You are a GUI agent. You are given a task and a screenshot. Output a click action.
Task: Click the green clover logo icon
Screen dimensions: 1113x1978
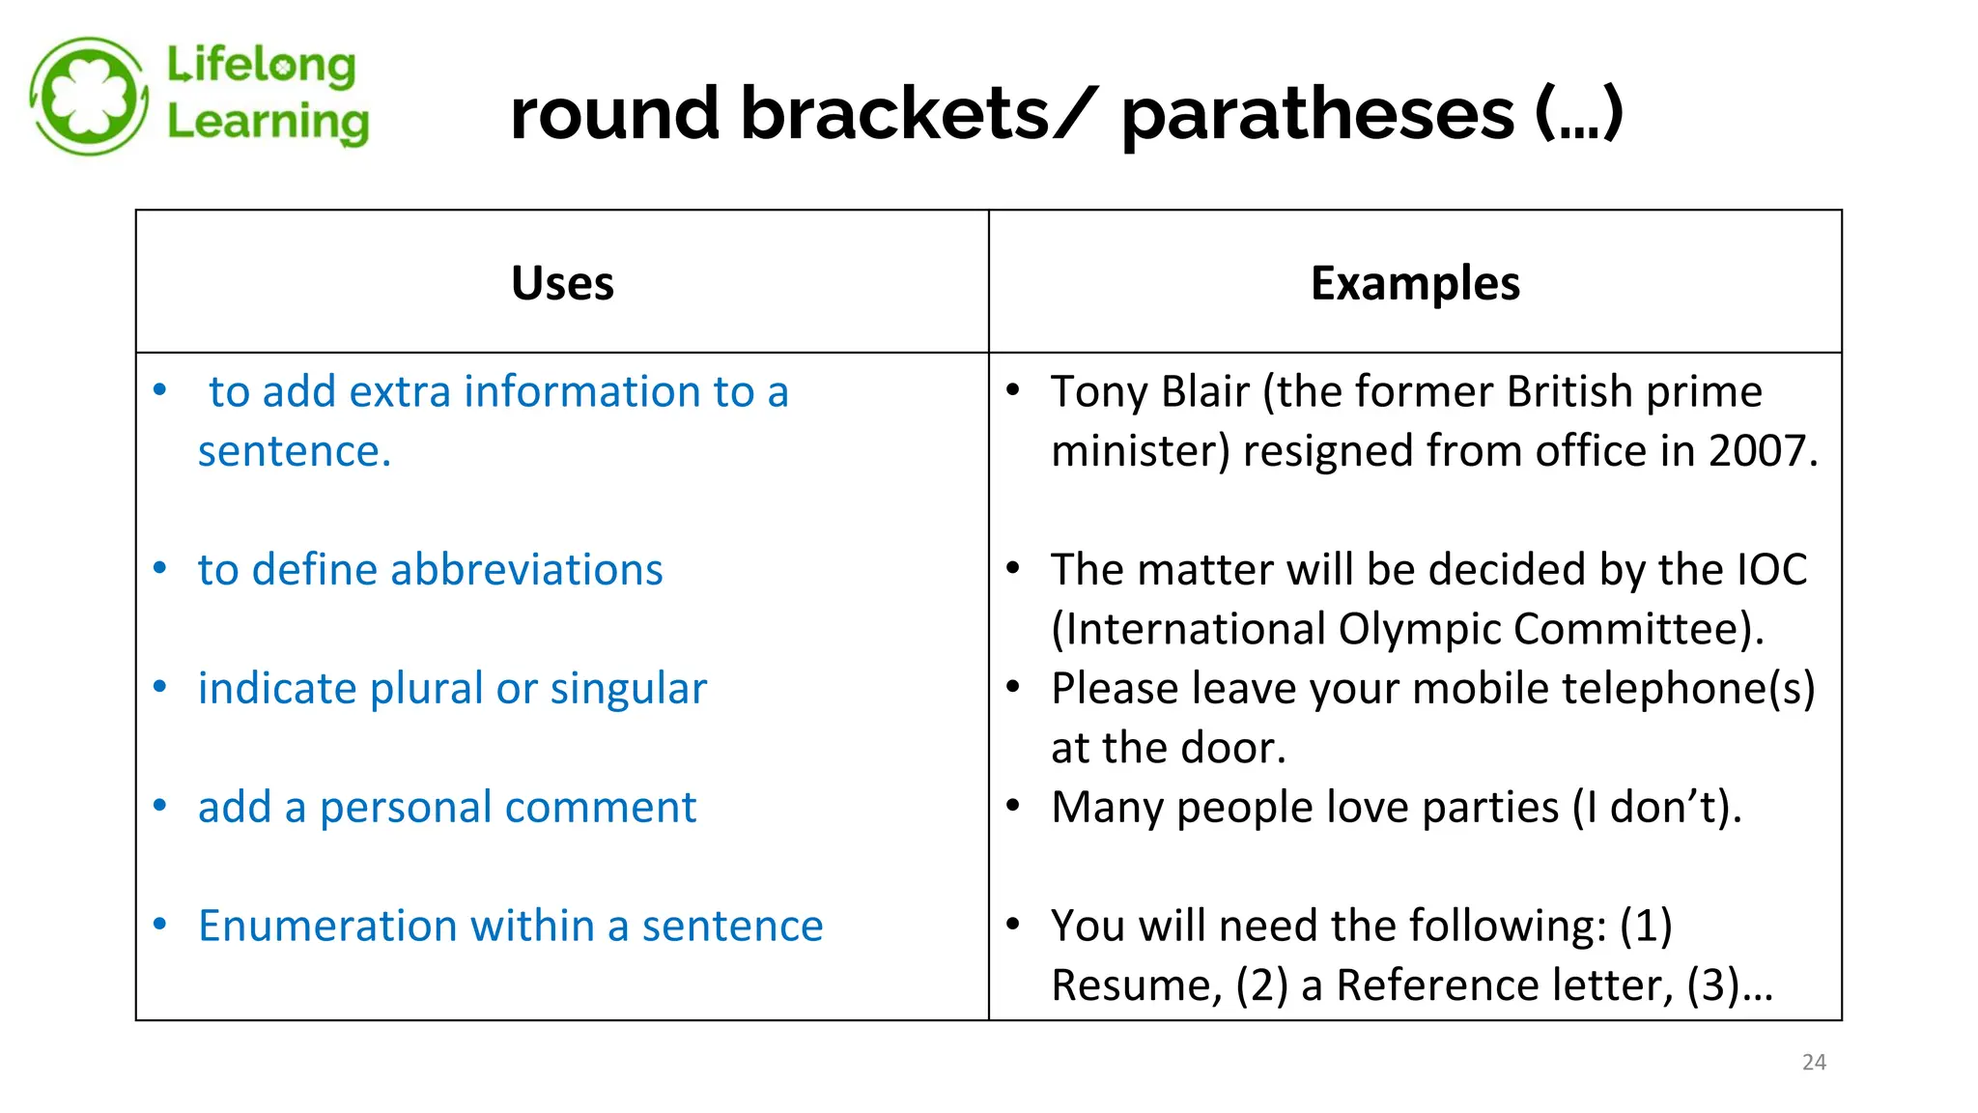89,97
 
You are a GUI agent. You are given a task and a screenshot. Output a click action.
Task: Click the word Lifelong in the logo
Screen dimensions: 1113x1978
261,65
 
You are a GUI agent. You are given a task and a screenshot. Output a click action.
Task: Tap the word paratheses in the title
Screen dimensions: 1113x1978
1317,114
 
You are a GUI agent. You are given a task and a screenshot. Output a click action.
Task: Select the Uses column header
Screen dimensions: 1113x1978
562,283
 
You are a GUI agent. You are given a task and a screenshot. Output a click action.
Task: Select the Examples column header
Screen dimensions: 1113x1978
1415,283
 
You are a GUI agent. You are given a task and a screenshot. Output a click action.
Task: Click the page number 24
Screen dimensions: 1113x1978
1814,1062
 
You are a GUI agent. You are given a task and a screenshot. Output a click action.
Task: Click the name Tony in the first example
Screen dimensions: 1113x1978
1099,392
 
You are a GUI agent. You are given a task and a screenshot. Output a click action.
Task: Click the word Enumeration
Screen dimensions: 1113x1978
327,926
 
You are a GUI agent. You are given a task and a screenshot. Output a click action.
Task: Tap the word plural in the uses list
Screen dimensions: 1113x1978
426,689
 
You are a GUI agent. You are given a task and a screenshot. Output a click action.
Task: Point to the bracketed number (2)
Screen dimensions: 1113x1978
1262,985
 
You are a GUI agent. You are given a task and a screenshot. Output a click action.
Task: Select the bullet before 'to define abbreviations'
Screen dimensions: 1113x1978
160,568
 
